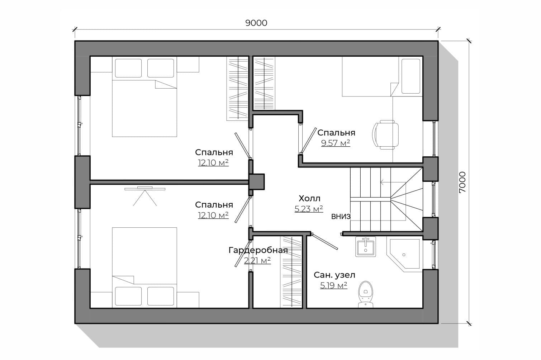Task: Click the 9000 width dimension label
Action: (x=256, y=23)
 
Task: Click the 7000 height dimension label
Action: (x=462, y=182)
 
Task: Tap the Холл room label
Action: (x=309, y=199)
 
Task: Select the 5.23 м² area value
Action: (x=309, y=209)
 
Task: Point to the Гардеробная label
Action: (x=258, y=250)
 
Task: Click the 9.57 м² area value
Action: (x=336, y=143)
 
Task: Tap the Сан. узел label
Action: (x=334, y=275)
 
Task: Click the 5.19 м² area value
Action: (x=334, y=285)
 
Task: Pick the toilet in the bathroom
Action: (x=366, y=294)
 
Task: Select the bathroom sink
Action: (x=366, y=246)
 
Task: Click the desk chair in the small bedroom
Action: (x=386, y=134)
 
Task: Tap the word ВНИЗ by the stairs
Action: (x=341, y=217)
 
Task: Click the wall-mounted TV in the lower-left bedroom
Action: (x=145, y=189)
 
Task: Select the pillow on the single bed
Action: (x=411, y=76)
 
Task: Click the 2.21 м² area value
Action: (x=257, y=261)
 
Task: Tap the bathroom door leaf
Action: (x=325, y=241)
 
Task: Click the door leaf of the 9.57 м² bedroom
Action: (x=308, y=140)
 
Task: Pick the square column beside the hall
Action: (x=256, y=182)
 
